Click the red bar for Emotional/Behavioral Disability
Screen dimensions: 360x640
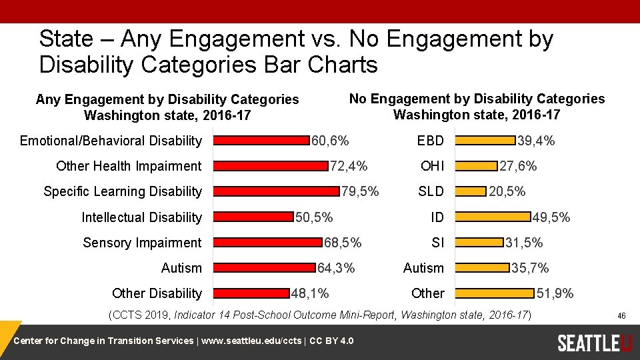tap(261, 141)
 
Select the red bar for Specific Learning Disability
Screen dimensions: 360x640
tap(275, 191)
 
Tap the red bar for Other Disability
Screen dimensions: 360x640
tap(251, 293)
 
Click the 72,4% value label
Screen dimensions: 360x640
tap(349, 166)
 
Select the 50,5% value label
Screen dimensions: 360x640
tap(315, 217)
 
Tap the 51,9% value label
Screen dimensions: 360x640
tap(555, 293)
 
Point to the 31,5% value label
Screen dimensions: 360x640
tap(524, 243)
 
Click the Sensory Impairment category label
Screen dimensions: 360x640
tap(141, 243)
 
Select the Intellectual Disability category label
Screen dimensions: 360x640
tap(141, 217)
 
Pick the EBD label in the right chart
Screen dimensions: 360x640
tap(430, 141)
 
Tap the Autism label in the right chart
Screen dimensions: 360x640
tap(423, 268)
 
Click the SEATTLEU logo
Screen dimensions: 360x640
tap(594, 343)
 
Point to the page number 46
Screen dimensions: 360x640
tap(621, 315)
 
